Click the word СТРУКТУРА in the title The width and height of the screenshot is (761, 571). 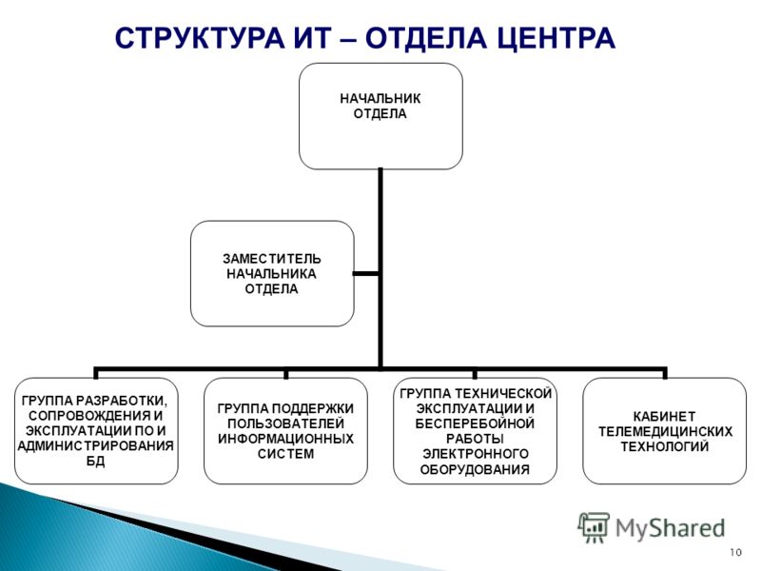click(x=200, y=38)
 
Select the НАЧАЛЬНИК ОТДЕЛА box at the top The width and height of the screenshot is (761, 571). click(x=380, y=116)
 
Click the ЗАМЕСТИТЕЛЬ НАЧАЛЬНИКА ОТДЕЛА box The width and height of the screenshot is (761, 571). click(x=272, y=273)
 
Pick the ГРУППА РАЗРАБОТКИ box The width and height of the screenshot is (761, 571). click(x=96, y=431)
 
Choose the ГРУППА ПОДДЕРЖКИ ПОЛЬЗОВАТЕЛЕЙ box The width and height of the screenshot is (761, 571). click(x=285, y=431)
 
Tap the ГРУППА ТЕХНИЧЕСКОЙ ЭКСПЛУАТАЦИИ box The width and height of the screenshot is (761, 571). click(x=475, y=431)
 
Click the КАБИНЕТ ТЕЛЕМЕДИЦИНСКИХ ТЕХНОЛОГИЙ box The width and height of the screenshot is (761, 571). click(x=664, y=431)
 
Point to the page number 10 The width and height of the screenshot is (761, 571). click(x=735, y=552)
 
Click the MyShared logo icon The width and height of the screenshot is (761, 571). click(x=594, y=527)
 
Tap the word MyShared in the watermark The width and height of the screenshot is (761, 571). click(x=671, y=528)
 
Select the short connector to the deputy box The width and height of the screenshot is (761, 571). click(x=366, y=274)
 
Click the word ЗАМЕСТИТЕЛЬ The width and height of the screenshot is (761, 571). click(x=272, y=258)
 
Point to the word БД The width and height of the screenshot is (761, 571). click(x=96, y=461)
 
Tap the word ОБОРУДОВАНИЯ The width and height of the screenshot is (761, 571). click(x=475, y=469)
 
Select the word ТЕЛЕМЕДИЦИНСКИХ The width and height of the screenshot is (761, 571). click(x=665, y=432)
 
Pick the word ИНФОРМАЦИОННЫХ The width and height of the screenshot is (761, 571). click(x=285, y=439)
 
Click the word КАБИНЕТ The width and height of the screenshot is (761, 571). click(x=664, y=417)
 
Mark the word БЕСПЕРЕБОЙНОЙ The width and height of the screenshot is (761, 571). click(x=475, y=423)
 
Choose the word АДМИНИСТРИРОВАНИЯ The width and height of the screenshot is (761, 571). click(x=96, y=445)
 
